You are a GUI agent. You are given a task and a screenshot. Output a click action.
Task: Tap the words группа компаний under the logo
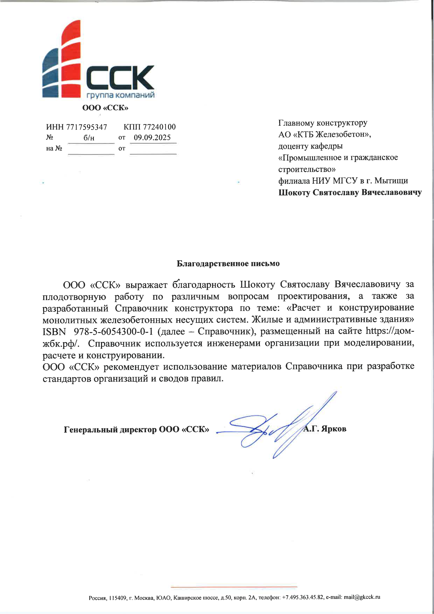[x=120, y=95]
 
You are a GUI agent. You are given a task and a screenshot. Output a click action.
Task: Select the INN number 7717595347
[x=86, y=127]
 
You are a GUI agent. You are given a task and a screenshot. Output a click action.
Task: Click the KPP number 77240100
[x=159, y=127]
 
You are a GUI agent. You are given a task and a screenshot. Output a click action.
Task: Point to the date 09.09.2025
[x=152, y=138]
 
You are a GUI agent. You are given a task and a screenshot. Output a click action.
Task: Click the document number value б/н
[x=89, y=138]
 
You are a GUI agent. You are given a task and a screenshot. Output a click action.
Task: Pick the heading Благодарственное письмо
[x=228, y=264]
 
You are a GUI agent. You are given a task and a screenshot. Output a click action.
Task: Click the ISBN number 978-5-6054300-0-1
[x=113, y=332]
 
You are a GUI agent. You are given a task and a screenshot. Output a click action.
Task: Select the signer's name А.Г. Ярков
[x=325, y=429]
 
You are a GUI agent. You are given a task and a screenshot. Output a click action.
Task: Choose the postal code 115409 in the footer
[x=118, y=598]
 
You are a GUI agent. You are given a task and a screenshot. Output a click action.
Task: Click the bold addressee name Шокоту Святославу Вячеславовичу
[x=350, y=193]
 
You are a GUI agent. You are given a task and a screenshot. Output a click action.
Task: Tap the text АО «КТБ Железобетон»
[x=324, y=134]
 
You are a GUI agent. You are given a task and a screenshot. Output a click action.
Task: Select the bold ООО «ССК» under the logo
[x=105, y=108]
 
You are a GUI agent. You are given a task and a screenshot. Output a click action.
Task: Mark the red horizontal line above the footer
[x=234, y=587]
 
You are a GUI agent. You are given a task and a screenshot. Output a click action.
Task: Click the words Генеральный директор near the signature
[x=110, y=430]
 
